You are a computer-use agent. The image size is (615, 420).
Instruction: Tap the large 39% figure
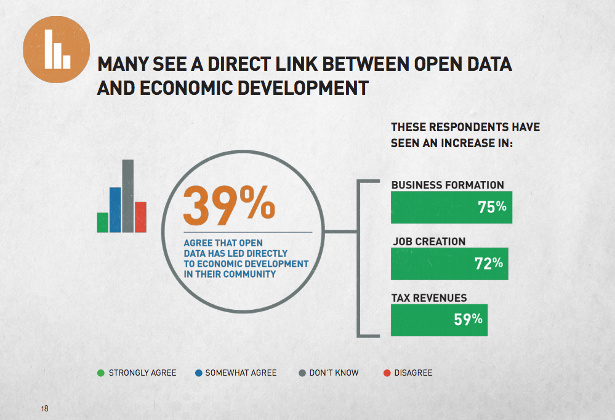point(228,206)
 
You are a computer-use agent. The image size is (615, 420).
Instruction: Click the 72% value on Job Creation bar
point(489,264)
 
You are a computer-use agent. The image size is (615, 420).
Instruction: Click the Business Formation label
point(448,185)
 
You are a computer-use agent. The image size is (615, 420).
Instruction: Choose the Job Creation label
point(429,241)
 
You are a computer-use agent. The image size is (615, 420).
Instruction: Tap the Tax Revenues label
point(429,298)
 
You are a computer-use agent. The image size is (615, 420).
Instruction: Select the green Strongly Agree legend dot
point(101,373)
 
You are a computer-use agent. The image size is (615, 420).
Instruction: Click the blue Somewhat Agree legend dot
point(198,373)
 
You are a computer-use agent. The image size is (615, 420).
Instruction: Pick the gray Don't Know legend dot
point(302,373)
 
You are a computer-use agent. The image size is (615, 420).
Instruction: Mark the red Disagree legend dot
point(387,373)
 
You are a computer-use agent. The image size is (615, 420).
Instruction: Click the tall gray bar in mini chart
point(127,196)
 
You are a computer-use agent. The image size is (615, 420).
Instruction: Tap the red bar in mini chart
point(140,217)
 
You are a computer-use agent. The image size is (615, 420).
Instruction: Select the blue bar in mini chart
point(115,209)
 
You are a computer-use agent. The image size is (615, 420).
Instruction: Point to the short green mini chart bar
point(102,222)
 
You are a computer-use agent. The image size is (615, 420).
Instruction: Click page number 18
point(44,409)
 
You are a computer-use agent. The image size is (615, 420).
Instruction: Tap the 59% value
point(468,320)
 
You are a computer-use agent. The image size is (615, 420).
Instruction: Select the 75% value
point(492,207)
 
